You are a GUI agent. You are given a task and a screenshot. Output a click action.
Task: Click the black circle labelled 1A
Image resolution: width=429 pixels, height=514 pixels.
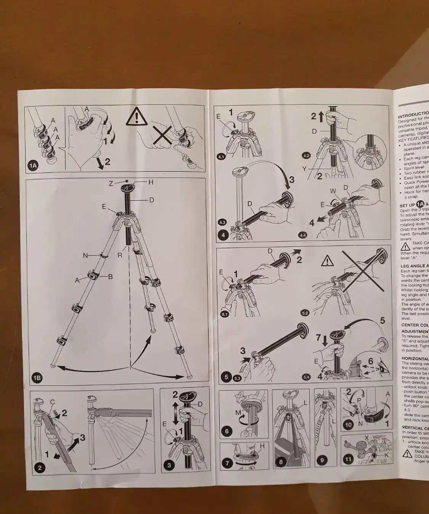pos(33,165)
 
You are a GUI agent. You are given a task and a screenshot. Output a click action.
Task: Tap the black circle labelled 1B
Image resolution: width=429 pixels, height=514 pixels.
pos(37,378)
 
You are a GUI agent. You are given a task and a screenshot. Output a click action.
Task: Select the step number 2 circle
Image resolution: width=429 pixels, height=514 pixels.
pos(40,468)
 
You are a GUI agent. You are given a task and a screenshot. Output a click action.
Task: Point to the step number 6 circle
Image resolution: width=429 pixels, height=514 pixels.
pos(227,431)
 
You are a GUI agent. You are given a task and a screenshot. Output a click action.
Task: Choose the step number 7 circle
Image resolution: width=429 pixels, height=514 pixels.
pos(228,463)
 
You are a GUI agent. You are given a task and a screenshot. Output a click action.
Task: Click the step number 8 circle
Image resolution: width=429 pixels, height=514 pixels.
pos(281,462)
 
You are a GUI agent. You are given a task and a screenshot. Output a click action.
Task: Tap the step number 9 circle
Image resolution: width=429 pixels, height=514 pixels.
pos(322,460)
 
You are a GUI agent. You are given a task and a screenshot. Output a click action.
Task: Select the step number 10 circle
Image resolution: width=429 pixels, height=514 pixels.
pos(348,425)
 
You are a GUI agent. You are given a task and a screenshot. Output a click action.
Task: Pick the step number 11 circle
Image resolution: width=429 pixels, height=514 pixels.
pos(348,459)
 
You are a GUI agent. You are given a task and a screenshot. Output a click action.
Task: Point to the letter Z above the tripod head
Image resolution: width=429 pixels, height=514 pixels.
pos(111,184)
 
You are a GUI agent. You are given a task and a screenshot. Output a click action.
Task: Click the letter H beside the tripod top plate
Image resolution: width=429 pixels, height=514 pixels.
pos(151,182)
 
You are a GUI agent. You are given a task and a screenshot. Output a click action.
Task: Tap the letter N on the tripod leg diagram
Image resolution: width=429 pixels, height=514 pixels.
pos(85,255)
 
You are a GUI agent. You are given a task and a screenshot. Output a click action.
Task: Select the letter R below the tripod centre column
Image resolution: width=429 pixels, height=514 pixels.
pos(120,255)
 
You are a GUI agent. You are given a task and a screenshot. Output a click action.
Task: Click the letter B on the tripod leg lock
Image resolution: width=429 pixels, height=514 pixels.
pos(110,277)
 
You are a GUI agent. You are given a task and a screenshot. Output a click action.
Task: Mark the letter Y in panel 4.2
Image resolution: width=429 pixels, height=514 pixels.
pos(304,169)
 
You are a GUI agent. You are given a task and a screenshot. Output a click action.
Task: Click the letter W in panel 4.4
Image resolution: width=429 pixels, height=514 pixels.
pos(333,191)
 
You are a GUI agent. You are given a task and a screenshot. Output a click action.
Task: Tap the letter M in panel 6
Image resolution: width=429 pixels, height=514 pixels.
pos(238,412)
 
